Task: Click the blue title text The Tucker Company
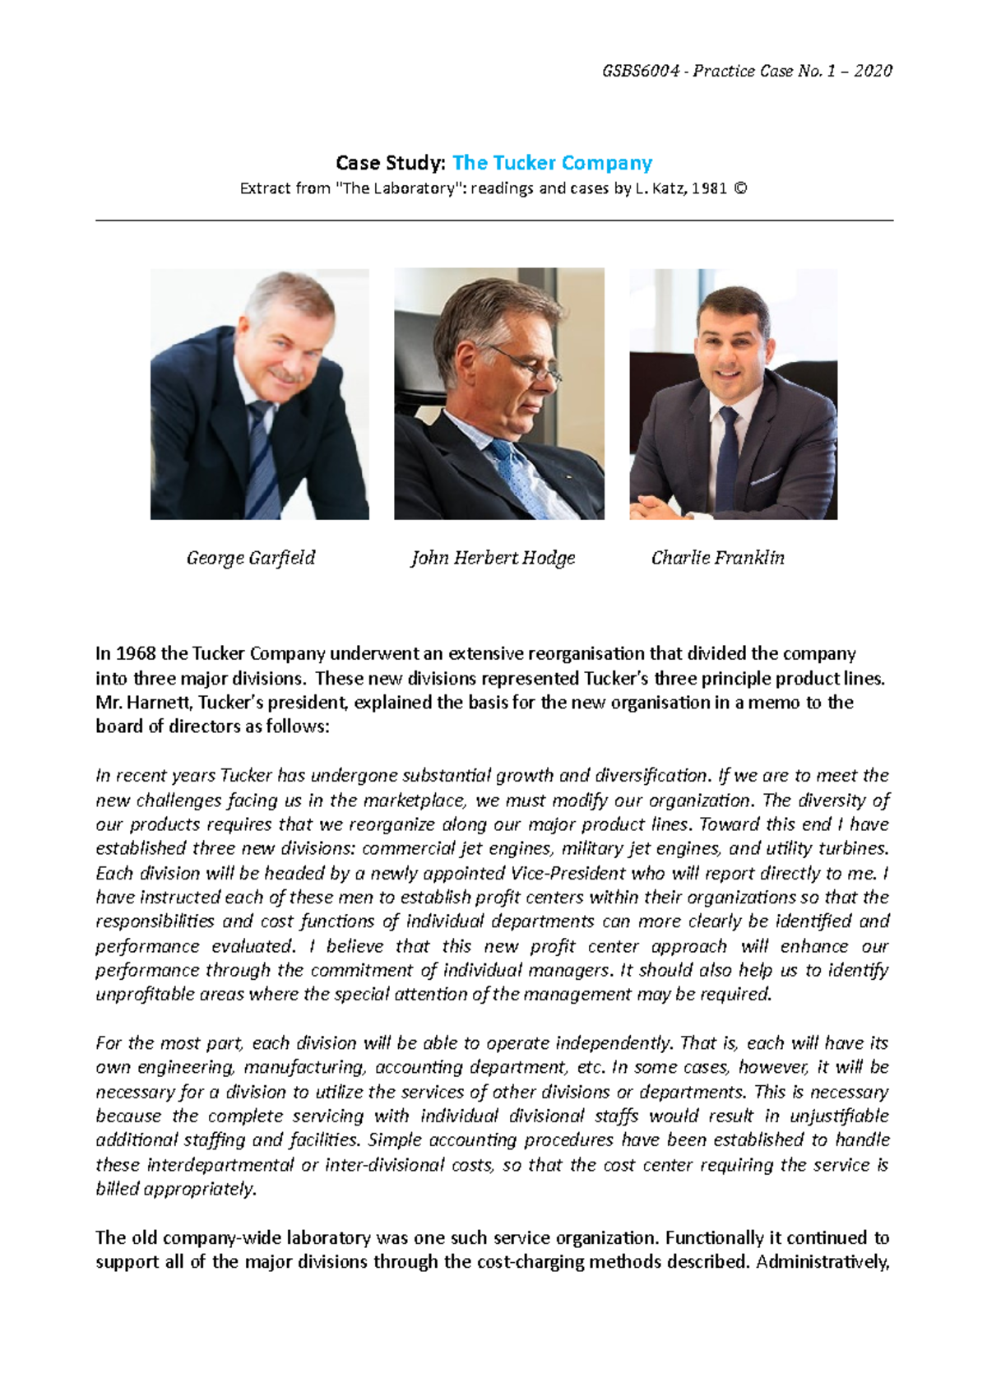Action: (552, 162)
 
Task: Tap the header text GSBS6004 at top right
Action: (641, 71)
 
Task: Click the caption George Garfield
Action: (251, 558)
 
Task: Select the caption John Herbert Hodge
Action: (493, 558)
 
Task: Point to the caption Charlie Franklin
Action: (717, 558)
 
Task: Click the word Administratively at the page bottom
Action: (822, 1261)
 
